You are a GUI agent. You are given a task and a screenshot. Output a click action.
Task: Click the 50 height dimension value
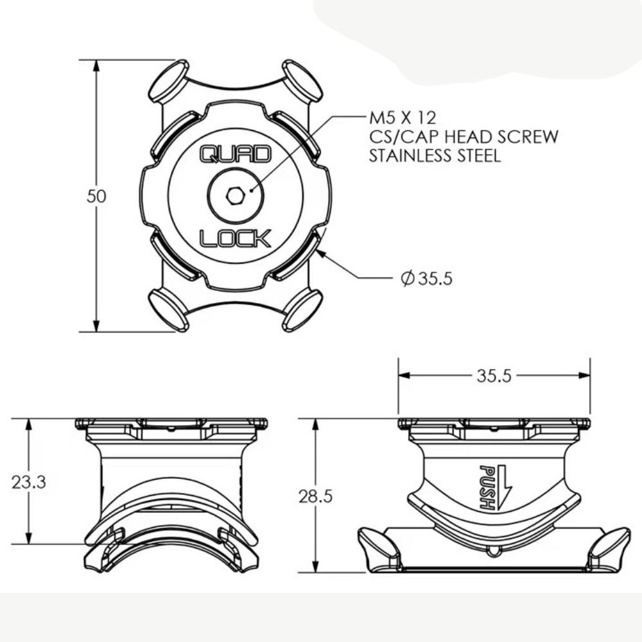pyautogui.click(x=96, y=196)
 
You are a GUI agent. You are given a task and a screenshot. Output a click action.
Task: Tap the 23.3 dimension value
pyautogui.click(x=28, y=482)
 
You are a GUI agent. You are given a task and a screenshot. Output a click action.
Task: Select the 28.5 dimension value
pyautogui.click(x=315, y=496)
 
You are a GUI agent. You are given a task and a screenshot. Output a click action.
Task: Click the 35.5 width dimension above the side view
pyautogui.click(x=494, y=376)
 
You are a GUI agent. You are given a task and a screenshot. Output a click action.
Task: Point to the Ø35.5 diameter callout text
pyautogui.click(x=426, y=279)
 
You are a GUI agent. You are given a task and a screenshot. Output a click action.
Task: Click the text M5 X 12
pyautogui.click(x=402, y=118)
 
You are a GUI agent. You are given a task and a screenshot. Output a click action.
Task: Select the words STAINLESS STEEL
pyautogui.click(x=434, y=156)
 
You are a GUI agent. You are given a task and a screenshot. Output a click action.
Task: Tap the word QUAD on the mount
pyautogui.click(x=236, y=154)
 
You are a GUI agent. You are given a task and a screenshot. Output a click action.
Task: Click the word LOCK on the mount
pyautogui.click(x=236, y=239)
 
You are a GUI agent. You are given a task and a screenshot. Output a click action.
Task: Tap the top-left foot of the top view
pyautogui.click(x=168, y=80)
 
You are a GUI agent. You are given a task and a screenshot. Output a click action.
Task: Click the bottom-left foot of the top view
pyautogui.click(x=168, y=310)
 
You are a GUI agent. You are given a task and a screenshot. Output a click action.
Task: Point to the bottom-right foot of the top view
pyautogui.click(x=302, y=311)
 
